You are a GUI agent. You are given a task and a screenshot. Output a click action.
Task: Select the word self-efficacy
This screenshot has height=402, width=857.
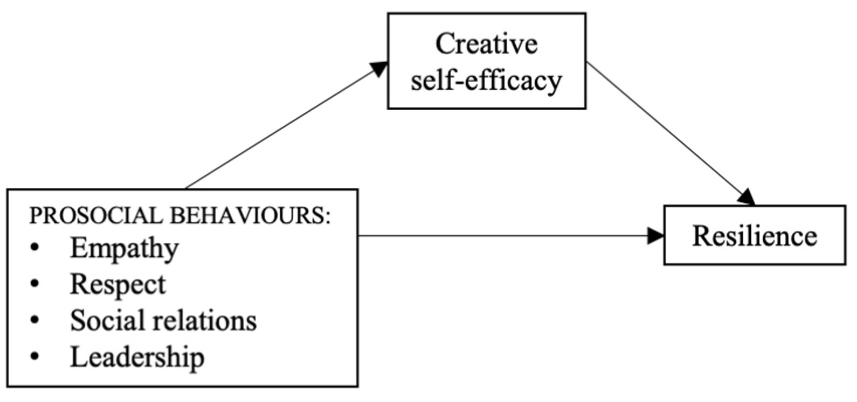(486, 80)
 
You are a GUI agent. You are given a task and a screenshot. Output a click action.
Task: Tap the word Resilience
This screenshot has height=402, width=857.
(755, 236)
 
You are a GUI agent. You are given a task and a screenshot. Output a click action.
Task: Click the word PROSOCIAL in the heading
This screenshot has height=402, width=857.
(96, 216)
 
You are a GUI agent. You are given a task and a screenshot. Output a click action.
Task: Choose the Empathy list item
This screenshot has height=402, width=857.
(124, 248)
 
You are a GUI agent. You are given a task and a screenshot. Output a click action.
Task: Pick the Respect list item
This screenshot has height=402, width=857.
(117, 285)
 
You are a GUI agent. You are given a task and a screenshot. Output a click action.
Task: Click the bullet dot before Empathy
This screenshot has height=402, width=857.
(35, 248)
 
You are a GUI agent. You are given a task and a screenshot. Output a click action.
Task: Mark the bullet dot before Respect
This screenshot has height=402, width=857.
(35, 284)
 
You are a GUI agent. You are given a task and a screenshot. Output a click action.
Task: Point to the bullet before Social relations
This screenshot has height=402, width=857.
(35, 321)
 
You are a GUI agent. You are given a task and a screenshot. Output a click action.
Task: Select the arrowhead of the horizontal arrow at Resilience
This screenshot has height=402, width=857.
(655, 236)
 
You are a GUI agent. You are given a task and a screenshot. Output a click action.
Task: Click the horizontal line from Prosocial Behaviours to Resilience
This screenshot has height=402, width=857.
(502, 236)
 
